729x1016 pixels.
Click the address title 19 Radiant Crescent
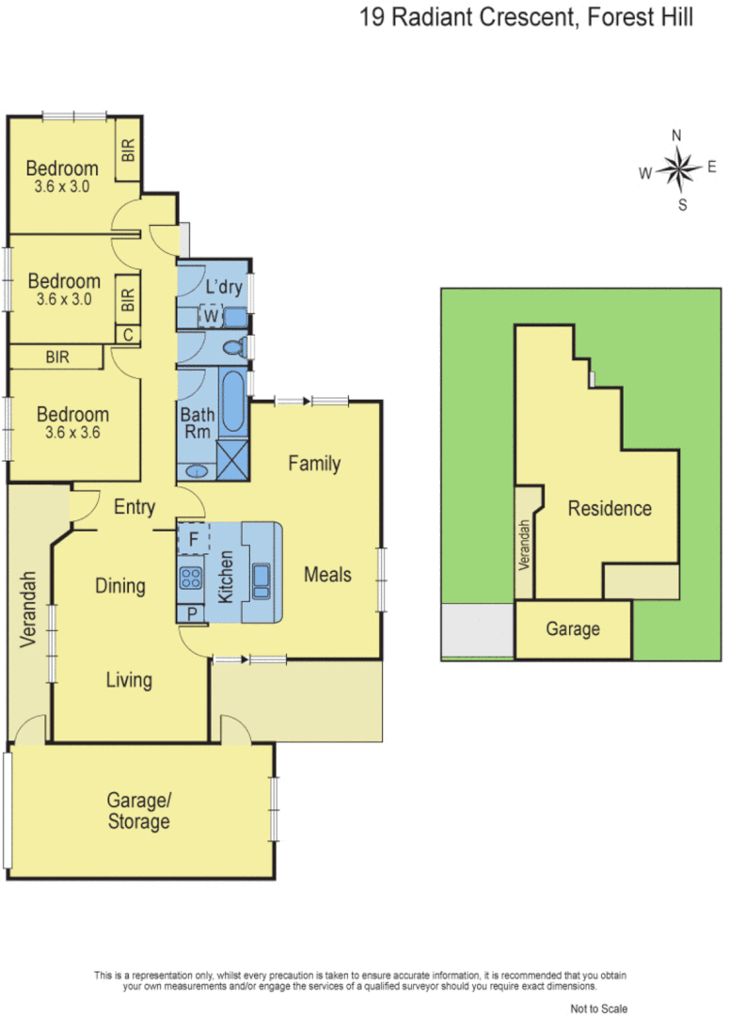527,18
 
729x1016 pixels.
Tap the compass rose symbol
677,169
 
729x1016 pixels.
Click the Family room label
313,463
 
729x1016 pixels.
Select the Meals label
327,574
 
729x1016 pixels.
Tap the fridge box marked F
193,540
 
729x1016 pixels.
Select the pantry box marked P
192,612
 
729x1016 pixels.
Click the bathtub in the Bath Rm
233,404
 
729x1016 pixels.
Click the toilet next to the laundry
233,345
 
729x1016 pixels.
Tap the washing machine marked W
211,317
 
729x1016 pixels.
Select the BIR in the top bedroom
128,151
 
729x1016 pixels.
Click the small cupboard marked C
127,334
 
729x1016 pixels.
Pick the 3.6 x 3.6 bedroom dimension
72,434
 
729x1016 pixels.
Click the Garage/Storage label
138,811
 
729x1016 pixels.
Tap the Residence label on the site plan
610,509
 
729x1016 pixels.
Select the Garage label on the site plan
573,629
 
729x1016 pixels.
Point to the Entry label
135,507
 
